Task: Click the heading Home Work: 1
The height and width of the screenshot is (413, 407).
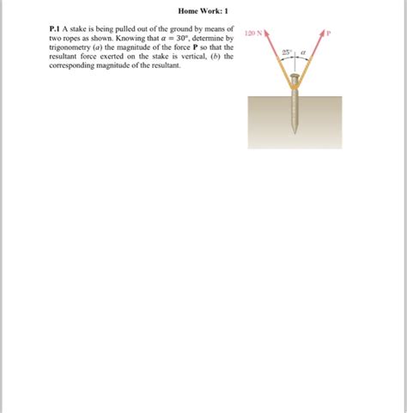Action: [x=203, y=11]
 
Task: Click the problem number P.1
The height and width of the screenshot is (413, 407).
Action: [x=55, y=29]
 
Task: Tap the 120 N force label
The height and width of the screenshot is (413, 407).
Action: [x=252, y=33]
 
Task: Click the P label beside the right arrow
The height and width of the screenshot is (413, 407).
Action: [x=327, y=34]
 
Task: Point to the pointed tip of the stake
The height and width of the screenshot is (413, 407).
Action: [x=295, y=131]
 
